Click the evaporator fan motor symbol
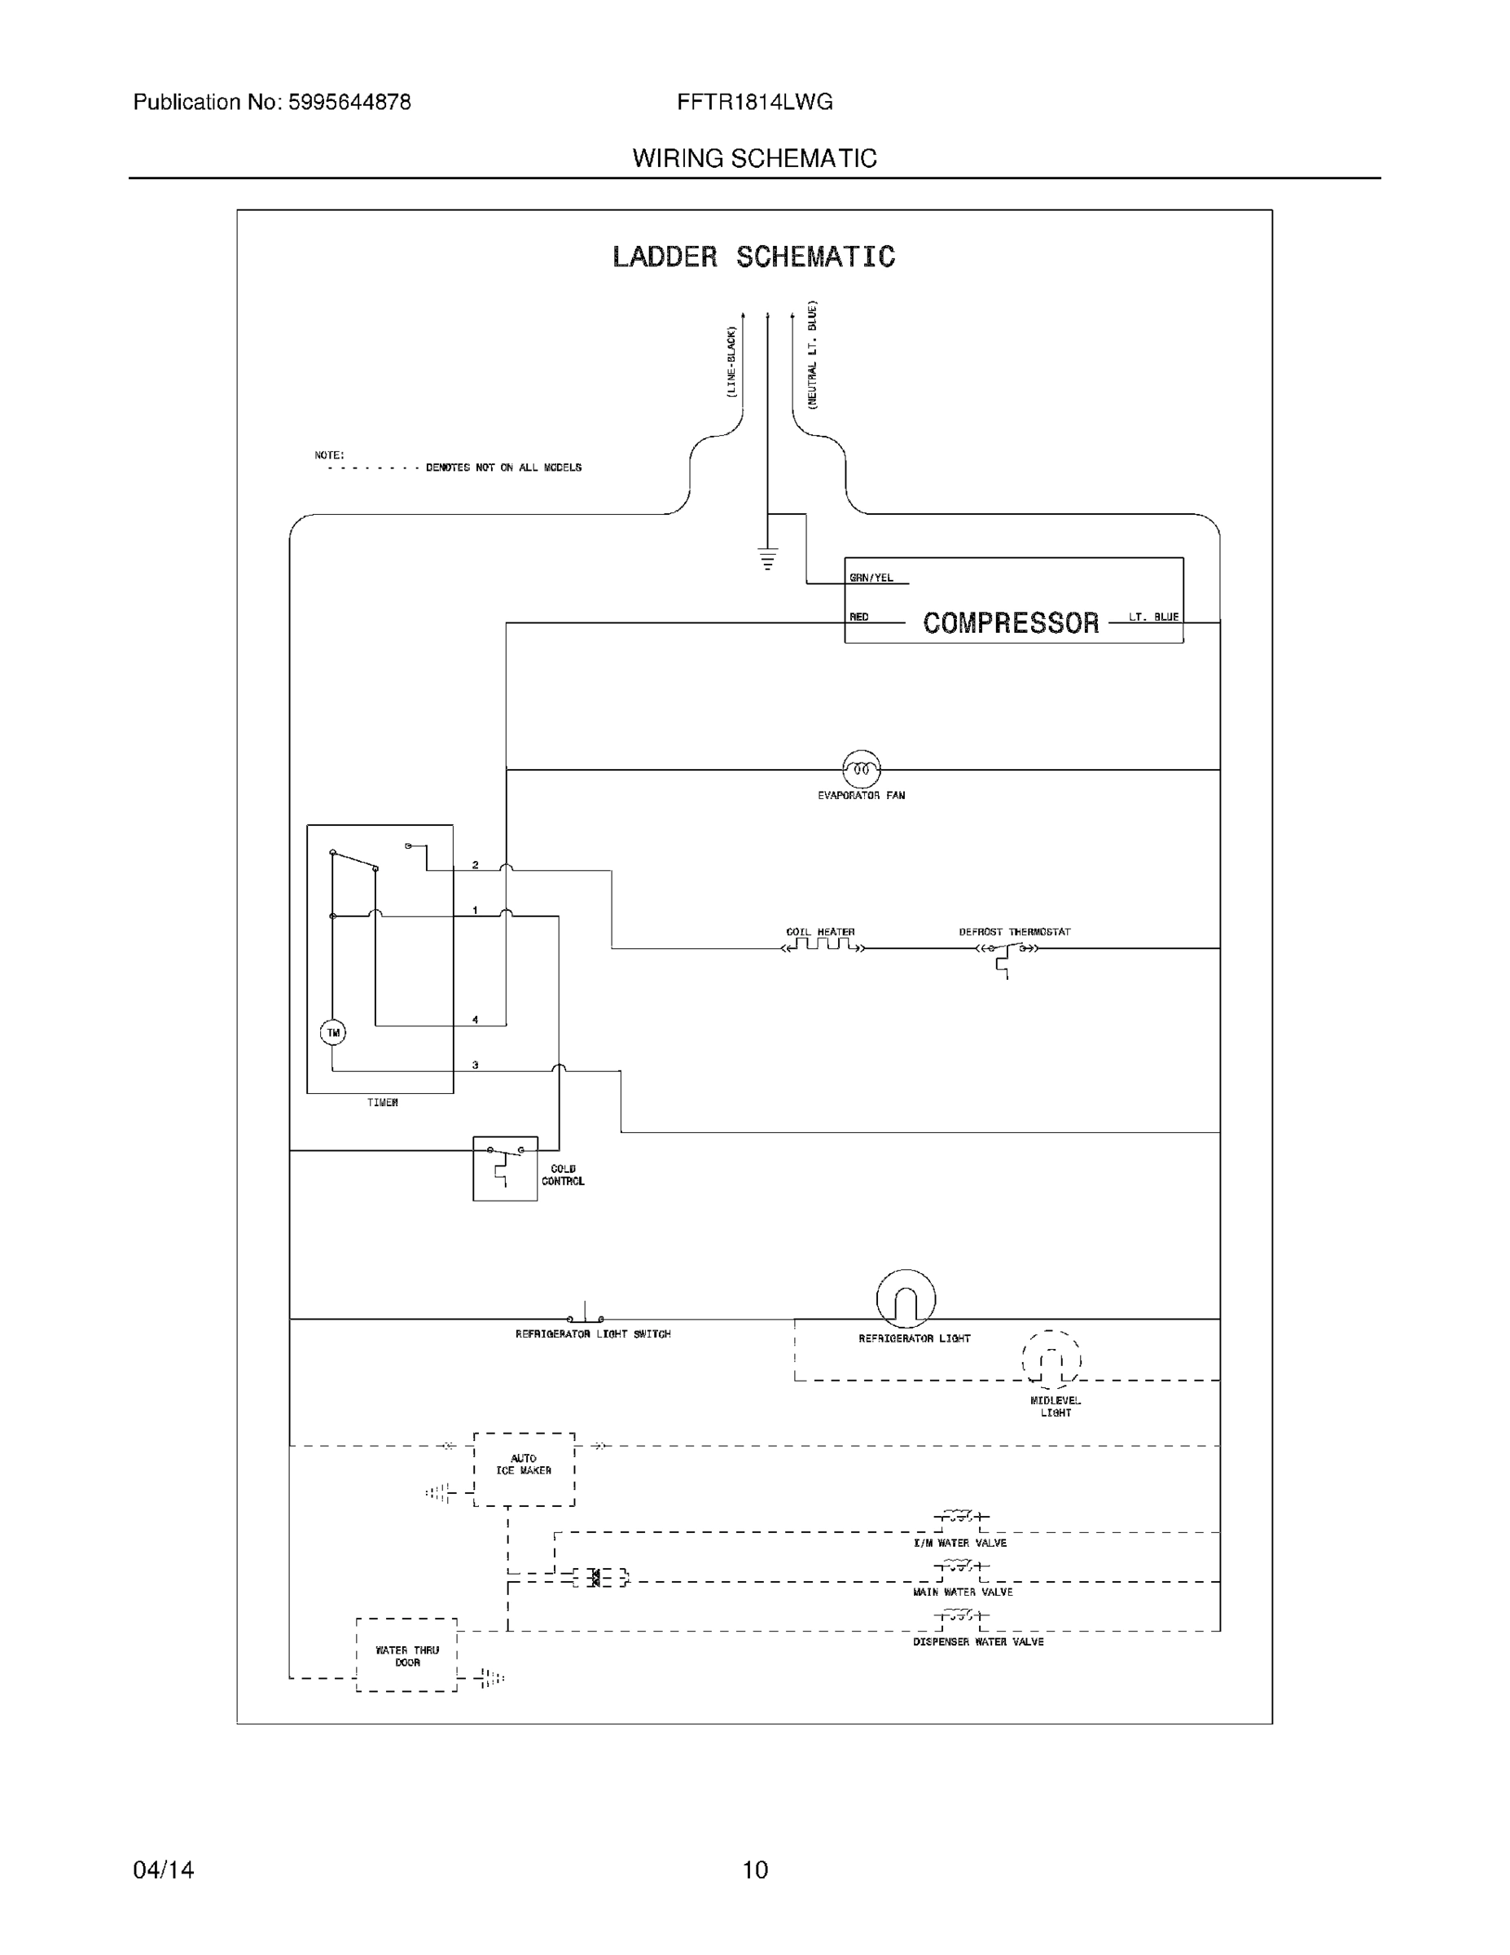[861, 768]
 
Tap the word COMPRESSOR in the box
[1011, 623]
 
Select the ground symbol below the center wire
[767, 559]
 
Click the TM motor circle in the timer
[333, 1032]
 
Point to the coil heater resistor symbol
[822, 945]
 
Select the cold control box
[505, 1168]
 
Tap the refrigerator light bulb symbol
[906, 1300]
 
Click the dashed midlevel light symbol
[1051, 1360]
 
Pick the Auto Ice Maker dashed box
[524, 1469]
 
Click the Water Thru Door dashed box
[406, 1655]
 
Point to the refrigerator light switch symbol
[586, 1316]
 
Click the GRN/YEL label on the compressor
[871, 578]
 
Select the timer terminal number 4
[476, 1020]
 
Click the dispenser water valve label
[977, 1641]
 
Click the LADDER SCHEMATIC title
[753, 257]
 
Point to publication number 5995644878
[349, 102]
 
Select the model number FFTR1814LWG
[754, 102]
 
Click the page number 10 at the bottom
[754, 1870]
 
